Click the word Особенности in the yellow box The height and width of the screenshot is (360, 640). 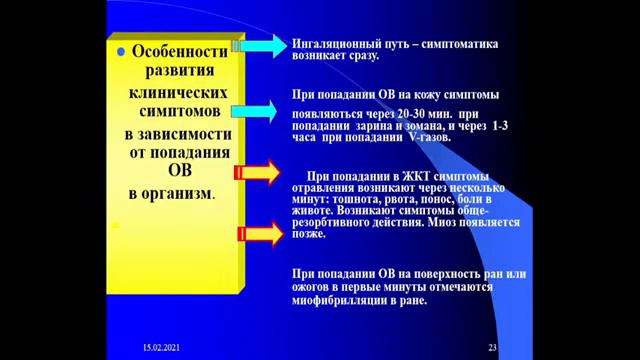(182, 53)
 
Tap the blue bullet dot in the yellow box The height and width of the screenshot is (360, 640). (121, 53)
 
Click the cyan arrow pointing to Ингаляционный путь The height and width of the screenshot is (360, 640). (261, 46)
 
